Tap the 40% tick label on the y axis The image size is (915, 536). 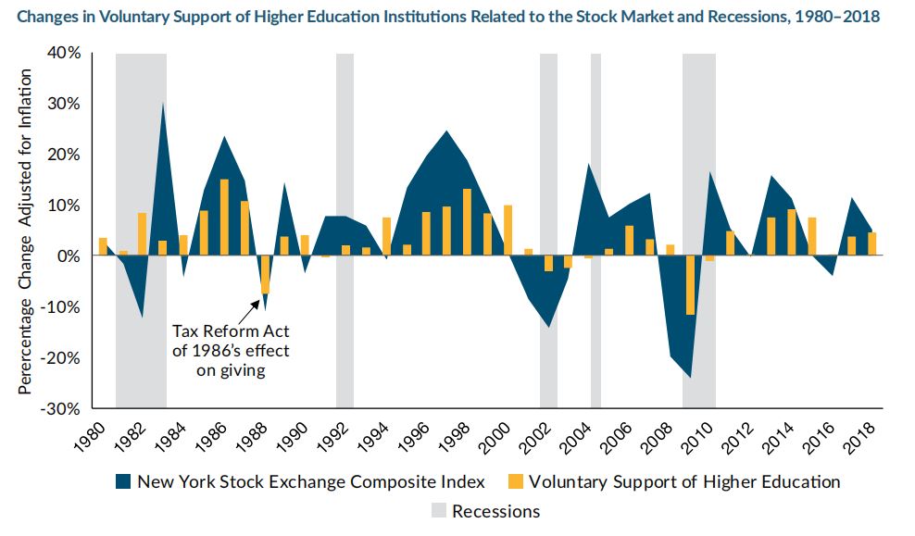63,53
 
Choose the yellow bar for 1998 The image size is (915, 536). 467,222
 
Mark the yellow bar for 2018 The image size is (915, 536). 871,243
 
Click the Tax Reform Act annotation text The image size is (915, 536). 231,351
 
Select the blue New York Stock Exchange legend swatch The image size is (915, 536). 122,481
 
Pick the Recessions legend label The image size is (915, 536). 495,511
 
